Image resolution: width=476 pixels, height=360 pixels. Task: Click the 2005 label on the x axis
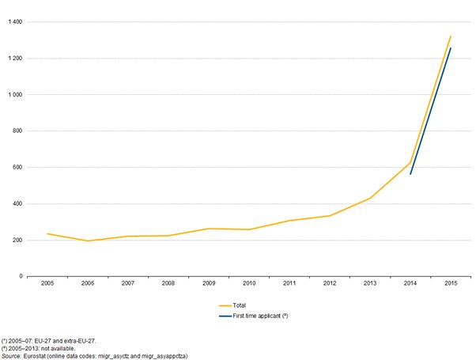47,283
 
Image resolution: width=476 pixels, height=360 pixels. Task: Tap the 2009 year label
209,283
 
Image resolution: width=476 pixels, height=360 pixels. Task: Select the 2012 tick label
330,283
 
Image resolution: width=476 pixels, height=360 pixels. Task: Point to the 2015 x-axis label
451,283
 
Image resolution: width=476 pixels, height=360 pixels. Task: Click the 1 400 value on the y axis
15,22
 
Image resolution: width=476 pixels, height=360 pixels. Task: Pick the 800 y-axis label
18,131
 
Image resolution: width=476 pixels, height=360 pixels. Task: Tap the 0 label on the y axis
21,276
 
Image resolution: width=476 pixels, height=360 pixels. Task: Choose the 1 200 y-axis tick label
15,59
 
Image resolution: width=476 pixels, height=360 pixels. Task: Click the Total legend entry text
240,305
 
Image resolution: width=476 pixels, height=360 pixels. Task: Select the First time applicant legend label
260,316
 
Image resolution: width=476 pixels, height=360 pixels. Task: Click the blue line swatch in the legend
225,316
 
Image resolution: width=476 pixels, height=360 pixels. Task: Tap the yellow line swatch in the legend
225,305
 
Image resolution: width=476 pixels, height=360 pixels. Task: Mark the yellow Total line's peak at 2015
451,36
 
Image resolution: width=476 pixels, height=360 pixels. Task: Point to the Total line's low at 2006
88,241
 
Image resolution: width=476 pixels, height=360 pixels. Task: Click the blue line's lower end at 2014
410,174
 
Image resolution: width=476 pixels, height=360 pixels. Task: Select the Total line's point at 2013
370,198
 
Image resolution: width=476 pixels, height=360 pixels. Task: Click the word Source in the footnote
11,356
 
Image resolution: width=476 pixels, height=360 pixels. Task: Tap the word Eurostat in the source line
35,356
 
